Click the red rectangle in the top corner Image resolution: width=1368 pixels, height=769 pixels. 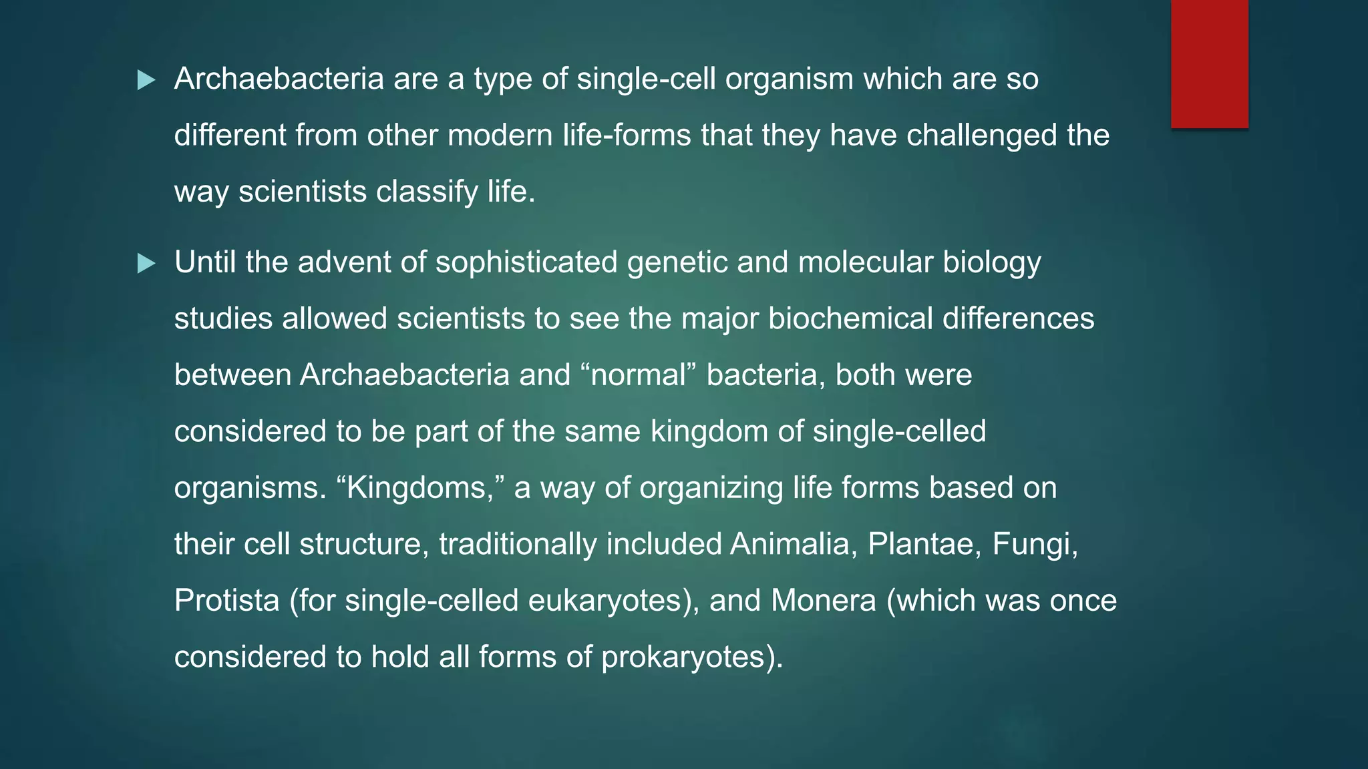pyautogui.click(x=1209, y=64)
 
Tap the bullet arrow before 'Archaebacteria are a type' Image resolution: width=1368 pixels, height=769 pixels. pyautogui.click(x=146, y=81)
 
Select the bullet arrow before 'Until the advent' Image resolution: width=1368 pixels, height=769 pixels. pyautogui.click(x=146, y=264)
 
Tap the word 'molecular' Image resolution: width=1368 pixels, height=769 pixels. pyautogui.click(x=866, y=262)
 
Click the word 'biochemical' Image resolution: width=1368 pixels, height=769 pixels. pyautogui.click(x=850, y=318)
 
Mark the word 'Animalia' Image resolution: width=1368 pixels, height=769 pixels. pyautogui.click(x=790, y=544)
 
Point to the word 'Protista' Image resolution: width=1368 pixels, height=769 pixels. pyautogui.click(x=226, y=601)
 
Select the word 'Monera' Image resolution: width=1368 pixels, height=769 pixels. pyautogui.click(x=823, y=601)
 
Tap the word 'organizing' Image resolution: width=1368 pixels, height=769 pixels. pyautogui.click(x=711, y=488)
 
